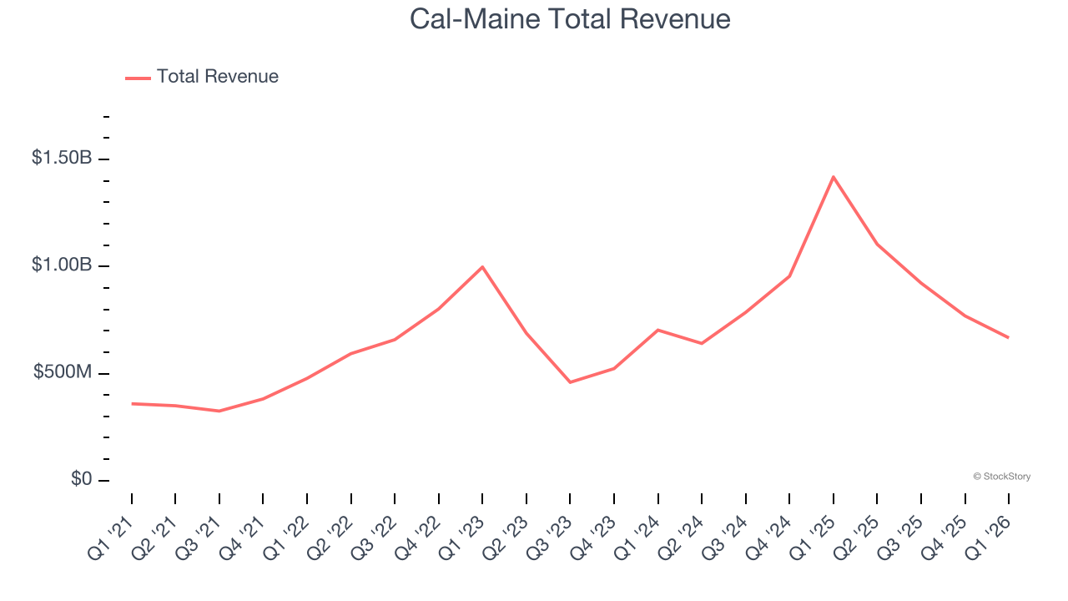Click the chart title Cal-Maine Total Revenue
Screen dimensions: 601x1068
pos(570,19)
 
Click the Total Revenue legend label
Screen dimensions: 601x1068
pos(217,77)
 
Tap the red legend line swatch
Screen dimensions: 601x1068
pos(138,78)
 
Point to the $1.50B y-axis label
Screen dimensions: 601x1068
pos(62,158)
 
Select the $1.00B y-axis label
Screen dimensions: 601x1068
pos(62,265)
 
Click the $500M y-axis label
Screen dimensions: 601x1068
pos(63,372)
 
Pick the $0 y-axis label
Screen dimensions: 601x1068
pos(82,479)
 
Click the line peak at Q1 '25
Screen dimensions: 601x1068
pos(833,177)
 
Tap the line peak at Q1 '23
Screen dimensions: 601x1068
pos(482,267)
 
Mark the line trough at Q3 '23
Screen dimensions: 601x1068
pos(570,382)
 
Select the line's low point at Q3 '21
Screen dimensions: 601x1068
pos(219,411)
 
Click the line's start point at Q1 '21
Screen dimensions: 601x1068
pos(132,403)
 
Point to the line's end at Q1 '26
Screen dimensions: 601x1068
pos(1008,337)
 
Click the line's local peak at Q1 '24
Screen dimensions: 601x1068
pos(657,330)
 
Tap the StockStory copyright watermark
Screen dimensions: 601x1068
pos(1001,477)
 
